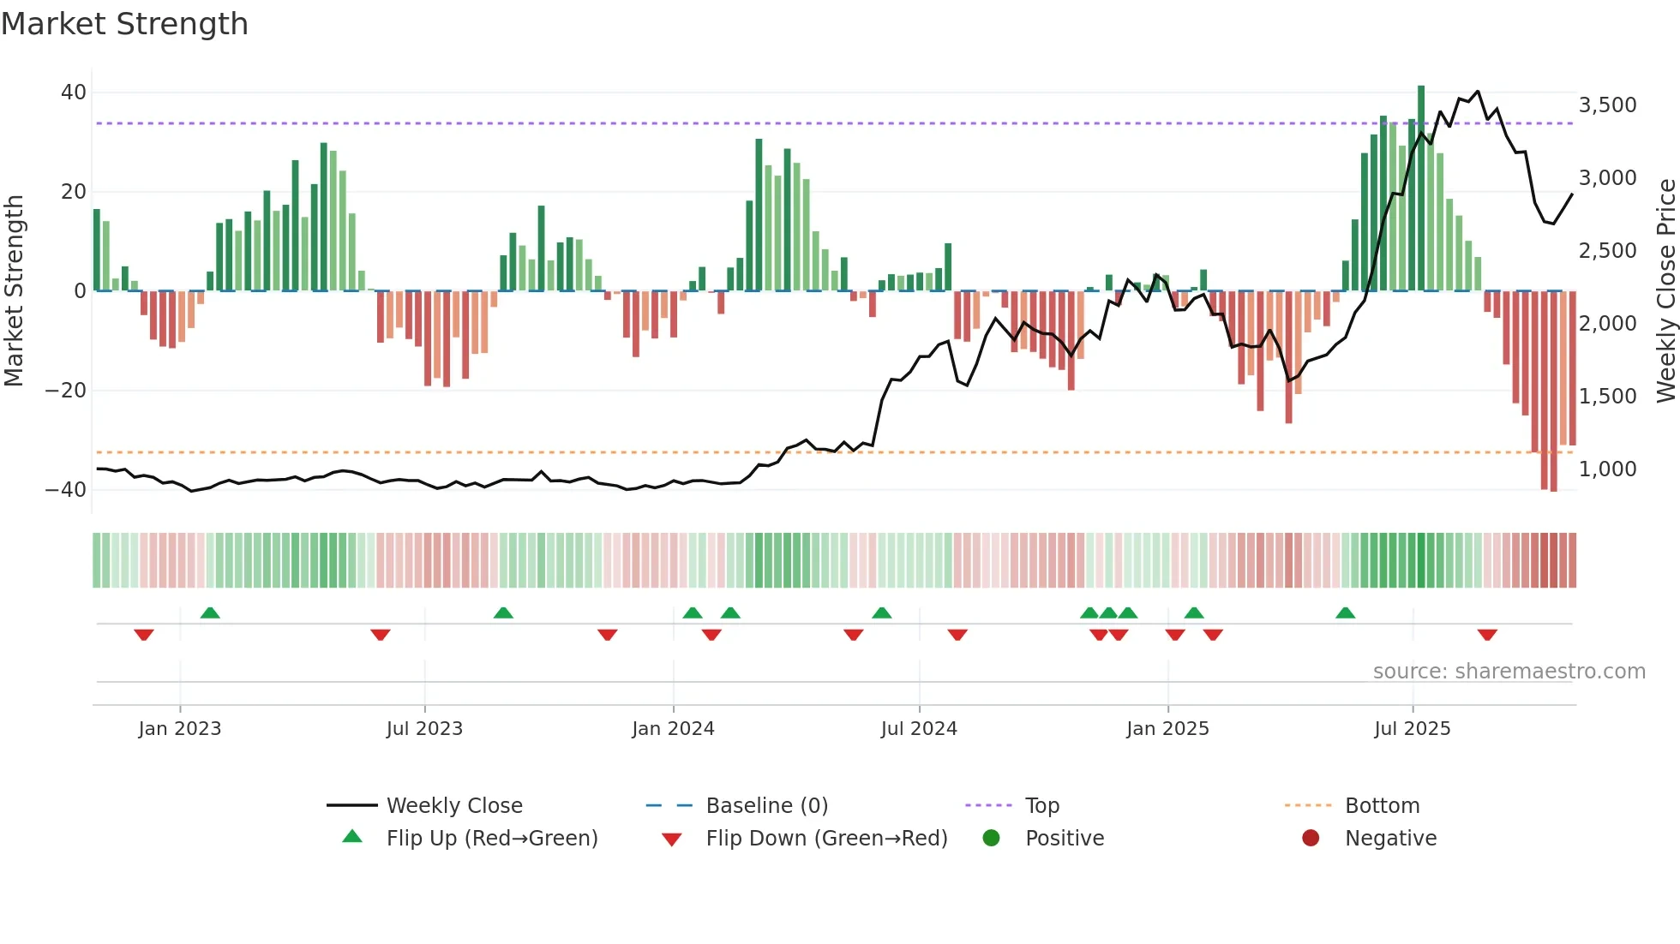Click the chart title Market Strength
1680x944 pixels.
click(124, 24)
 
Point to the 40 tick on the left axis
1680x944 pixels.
click(74, 93)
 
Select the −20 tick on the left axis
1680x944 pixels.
click(66, 391)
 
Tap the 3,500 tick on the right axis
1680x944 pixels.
click(1607, 105)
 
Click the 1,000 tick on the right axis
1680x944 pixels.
click(1607, 469)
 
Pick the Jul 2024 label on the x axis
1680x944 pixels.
click(918, 729)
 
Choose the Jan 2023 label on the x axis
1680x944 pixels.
click(180, 729)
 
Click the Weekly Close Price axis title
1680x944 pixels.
click(1665, 291)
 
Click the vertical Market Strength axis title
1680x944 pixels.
click(15, 291)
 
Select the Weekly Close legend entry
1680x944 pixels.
click(453, 806)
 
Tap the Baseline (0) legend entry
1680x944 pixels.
click(766, 806)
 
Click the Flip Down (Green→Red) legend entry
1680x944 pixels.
click(826, 839)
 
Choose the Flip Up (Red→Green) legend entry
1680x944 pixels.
click(491, 839)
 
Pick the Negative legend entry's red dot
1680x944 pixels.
click(1311, 838)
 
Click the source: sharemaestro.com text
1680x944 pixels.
click(1509, 672)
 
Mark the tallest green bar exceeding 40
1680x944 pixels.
click(1421, 188)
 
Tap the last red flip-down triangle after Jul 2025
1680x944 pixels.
click(1487, 635)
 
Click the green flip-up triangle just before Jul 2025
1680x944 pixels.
click(1345, 613)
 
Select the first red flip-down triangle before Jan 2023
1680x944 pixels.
click(144, 635)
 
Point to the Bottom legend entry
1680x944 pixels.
click(1382, 806)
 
